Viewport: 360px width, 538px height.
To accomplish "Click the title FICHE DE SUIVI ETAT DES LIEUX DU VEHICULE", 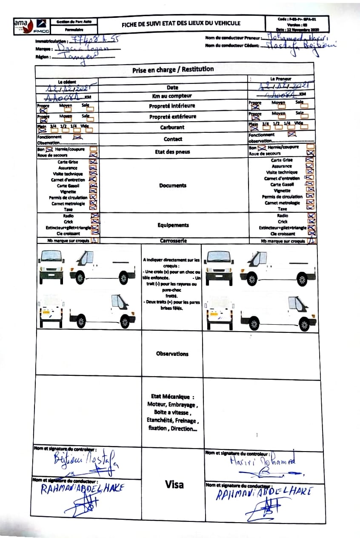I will (181, 24).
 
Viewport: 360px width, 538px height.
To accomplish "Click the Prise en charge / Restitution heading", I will (173, 69).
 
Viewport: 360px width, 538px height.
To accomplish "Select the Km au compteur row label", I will (172, 96).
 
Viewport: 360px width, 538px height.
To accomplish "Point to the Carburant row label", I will (172, 127).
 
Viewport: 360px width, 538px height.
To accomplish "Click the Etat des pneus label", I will (172, 152).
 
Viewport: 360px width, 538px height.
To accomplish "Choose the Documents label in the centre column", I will (173, 186).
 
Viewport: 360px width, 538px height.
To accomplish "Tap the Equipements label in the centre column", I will (172, 225).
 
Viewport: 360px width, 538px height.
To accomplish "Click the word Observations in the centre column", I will (172, 354).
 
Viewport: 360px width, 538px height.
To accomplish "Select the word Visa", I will (174, 484).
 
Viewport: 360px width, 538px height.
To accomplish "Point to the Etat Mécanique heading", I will (172, 397).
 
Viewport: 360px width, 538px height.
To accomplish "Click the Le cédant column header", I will (66, 81).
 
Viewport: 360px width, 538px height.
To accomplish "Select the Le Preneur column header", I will (281, 79).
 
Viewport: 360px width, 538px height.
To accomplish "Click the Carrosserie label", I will (173, 240).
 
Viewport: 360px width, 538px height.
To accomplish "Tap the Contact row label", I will (173, 139).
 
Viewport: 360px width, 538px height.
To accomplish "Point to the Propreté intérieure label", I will (172, 106).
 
